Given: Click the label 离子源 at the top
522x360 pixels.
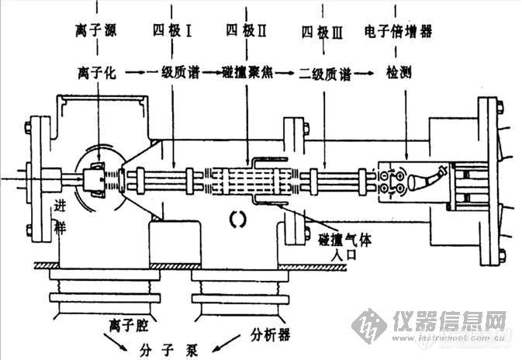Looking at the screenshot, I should coord(97,32).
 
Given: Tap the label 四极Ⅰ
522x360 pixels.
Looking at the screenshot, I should coord(168,32).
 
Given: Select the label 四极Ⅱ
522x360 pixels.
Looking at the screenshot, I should coord(245,32).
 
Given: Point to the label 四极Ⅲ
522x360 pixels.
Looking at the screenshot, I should coord(320,32).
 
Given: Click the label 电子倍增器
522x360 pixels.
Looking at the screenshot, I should coord(398,32).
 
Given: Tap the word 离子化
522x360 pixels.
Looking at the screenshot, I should coord(97,74).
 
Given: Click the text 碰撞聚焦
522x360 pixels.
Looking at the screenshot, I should coord(247,74).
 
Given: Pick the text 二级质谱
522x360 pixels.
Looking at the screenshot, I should coord(325,74).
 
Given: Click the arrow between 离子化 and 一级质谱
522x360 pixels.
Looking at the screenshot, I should coord(136,74).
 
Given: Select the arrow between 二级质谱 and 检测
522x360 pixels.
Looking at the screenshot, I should coord(367,74).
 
